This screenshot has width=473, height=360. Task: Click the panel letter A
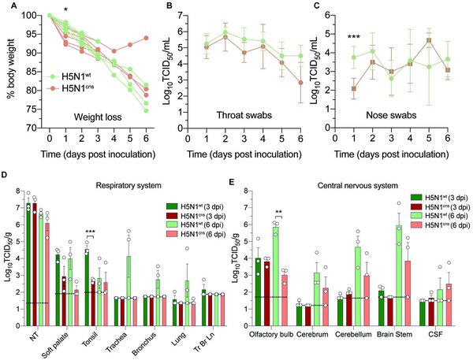click(x=6, y=7)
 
